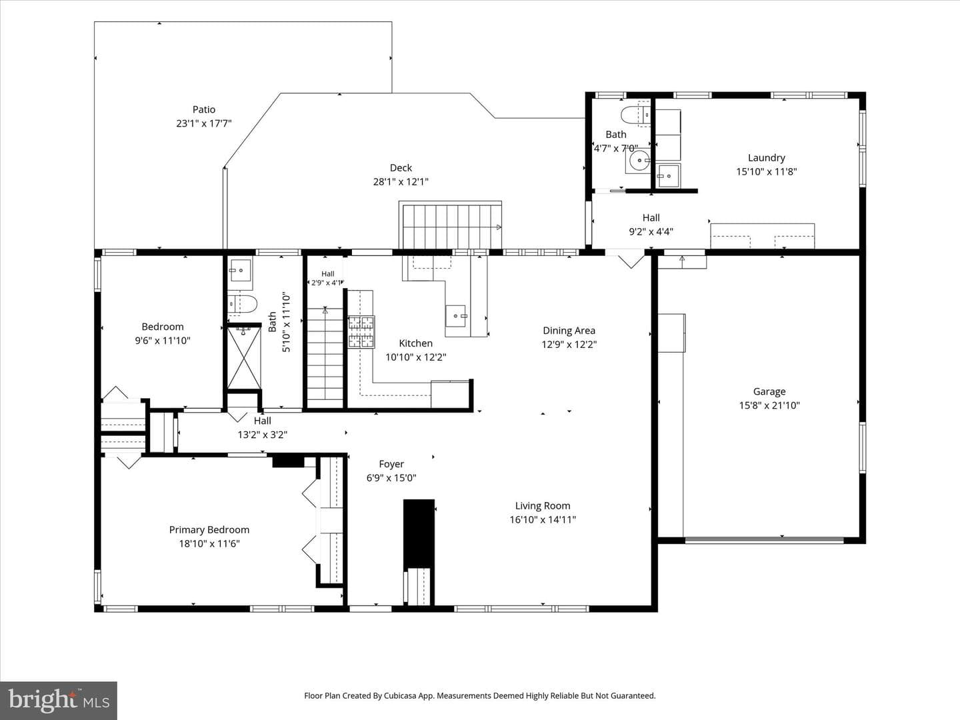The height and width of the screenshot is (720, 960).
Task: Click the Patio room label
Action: pyautogui.click(x=204, y=109)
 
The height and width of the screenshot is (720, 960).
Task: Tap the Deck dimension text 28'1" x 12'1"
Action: pyautogui.click(x=401, y=182)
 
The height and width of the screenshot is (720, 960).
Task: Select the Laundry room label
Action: pyautogui.click(x=766, y=158)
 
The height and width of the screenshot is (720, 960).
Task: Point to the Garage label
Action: pyautogui.click(x=769, y=392)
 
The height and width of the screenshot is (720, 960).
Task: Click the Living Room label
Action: pyautogui.click(x=542, y=506)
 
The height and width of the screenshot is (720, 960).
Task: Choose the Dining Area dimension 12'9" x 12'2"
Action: pyautogui.click(x=569, y=345)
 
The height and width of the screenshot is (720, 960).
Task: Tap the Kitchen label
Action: pyautogui.click(x=415, y=343)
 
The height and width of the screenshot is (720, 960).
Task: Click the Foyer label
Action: pyautogui.click(x=391, y=464)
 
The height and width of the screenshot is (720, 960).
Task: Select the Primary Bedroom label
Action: pyautogui.click(x=209, y=530)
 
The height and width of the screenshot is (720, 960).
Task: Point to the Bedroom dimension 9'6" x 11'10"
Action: pyautogui.click(x=163, y=341)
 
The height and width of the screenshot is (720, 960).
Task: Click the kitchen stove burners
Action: pyautogui.click(x=361, y=332)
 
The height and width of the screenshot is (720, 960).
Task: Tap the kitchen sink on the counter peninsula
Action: pyautogui.click(x=456, y=315)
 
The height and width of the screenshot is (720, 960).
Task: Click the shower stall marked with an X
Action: pyautogui.click(x=244, y=357)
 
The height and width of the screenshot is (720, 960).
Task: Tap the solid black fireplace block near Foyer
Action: pyautogui.click(x=419, y=533)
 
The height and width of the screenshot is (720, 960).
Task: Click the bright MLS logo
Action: pyautogui.click(x=59, y=700)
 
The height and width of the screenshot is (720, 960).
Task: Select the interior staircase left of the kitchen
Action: pyautogui.click(x=325, y=357)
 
